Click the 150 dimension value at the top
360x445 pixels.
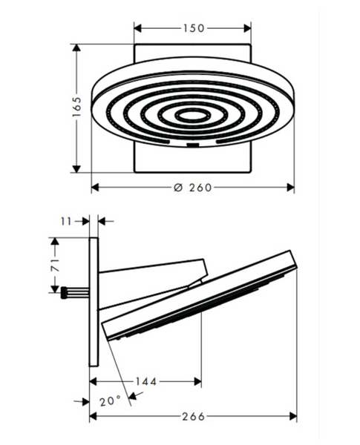193,28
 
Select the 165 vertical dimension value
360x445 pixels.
76,107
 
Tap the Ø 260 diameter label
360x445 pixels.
193,188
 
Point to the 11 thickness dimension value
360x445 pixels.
66,221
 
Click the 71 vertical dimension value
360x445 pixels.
55,265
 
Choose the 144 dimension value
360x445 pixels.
145,382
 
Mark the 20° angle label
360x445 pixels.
110,401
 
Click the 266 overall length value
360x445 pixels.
193,417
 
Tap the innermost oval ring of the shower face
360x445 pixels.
193,116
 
